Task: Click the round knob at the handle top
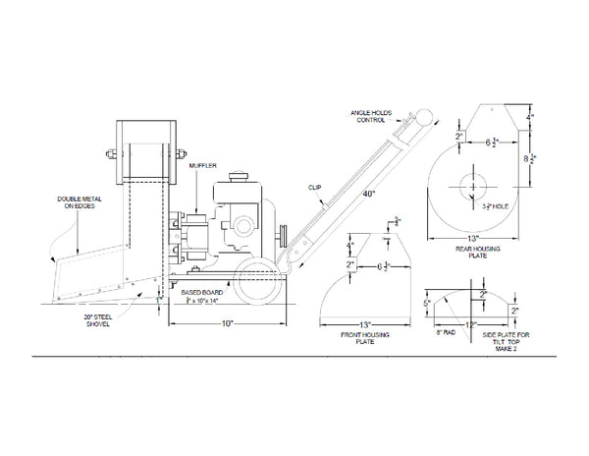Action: [x=424, y=117]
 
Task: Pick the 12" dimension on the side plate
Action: [x=471, y=325]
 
